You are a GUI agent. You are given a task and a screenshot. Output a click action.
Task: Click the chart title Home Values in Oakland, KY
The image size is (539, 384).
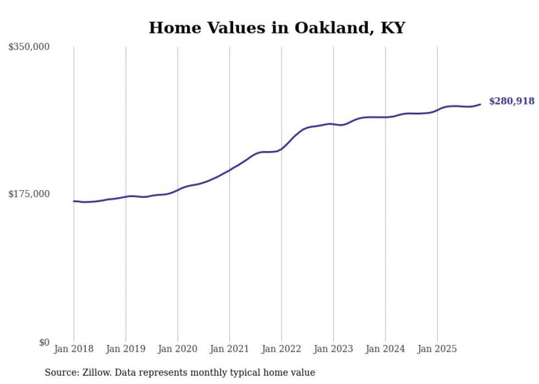[277, 28]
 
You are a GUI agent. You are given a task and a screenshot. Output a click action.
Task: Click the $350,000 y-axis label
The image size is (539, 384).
[29, 47]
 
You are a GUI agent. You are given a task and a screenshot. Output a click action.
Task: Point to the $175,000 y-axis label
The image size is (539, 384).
[29, 194]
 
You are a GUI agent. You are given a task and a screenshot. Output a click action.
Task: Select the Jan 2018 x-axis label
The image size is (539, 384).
[74, 349]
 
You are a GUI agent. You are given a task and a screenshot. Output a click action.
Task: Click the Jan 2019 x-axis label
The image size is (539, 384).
[125, 349]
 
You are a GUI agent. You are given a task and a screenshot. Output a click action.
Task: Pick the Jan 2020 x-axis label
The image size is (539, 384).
[178, 349]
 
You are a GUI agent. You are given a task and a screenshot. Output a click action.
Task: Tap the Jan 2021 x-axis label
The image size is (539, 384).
[229, 349]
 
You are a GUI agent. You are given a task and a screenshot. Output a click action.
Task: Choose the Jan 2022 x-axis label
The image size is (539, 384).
[282, 349]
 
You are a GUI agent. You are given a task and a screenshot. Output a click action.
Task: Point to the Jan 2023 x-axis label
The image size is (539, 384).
[333, 349]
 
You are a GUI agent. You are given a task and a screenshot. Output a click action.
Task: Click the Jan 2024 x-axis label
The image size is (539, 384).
[386, 349]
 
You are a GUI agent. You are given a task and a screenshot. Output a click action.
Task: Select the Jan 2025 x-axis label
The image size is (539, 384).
[437, 349]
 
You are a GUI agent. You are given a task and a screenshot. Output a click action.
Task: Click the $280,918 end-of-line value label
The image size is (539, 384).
[512, 101]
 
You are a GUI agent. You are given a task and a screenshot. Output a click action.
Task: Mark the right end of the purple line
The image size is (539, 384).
[480, 104]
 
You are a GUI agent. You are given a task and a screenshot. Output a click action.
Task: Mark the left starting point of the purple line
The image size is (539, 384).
[74, 201]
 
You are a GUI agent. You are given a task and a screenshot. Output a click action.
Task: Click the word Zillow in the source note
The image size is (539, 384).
[94, 372]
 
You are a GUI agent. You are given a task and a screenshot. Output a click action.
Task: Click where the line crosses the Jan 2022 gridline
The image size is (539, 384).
[282, 148]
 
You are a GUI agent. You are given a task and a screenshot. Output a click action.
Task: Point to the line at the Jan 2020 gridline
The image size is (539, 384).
[178, 190]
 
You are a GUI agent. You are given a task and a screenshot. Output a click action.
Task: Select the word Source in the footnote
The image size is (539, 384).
[61, 372]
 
